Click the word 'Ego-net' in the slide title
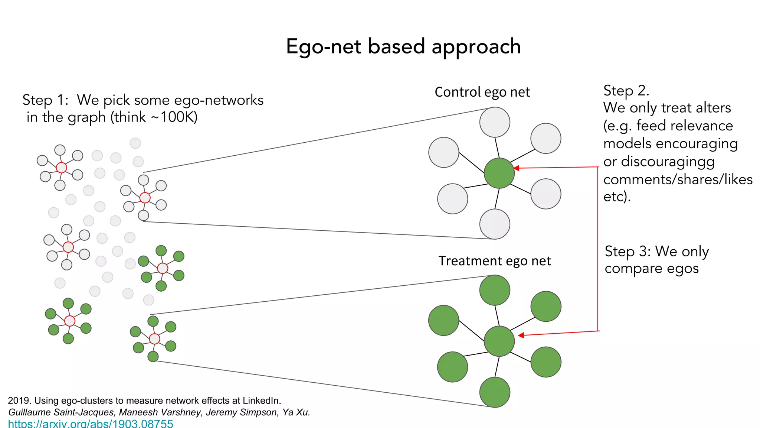(x=318, y=47)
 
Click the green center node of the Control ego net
(x=499, y=173)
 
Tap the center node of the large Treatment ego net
(x=499, y=341)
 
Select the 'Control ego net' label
(x=482, y=92)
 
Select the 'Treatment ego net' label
(x=494, y=261)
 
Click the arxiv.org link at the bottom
(x=91, y=424)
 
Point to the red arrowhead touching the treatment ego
(x=521, y=335)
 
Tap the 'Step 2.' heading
(x=626, y=91)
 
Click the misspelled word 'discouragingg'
(x=668, y=162)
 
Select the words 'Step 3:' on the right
(x=628, y=252)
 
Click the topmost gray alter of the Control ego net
(x=495, y=122)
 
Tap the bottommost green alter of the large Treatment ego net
(x=495, y=392)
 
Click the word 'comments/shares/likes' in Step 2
(x=678, y=179)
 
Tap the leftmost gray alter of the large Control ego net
(x=444, y=152)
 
